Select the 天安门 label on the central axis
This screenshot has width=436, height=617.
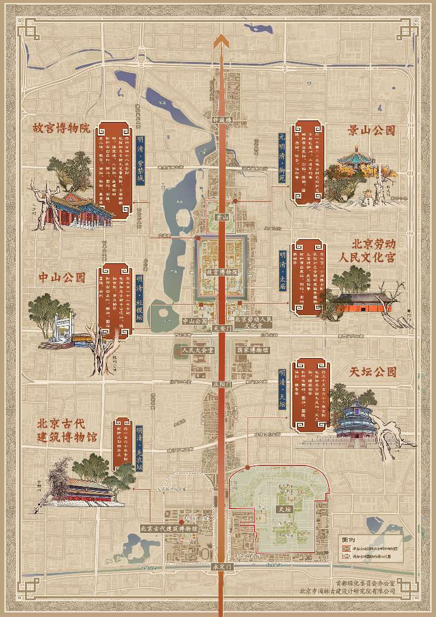(x=222, y=329)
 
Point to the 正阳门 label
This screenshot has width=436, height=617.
(x=222, y=384)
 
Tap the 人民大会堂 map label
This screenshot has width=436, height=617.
(x=198, y=350)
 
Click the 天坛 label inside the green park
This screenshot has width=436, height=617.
(x=284, y=509)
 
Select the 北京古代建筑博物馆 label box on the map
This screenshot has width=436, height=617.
(x=169, y=528)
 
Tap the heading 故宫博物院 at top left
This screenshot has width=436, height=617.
(x=61, y=129)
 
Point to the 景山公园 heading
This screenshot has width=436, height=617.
(x=371, y=131)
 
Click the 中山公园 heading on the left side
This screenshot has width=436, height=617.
(x=62, y=277)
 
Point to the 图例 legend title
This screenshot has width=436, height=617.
(x=349, y=540)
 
